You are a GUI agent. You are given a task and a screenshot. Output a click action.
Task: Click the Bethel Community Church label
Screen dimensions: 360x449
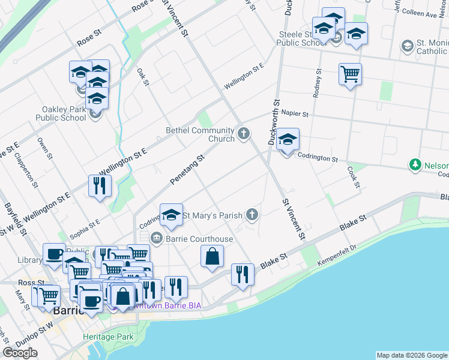[200, 134]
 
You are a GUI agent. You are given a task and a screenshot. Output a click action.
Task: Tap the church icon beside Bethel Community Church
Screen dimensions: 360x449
[243, 133]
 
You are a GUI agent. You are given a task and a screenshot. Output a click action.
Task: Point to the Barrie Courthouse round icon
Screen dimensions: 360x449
[157, 238]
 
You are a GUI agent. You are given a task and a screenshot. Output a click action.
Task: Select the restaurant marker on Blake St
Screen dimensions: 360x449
[243, 275]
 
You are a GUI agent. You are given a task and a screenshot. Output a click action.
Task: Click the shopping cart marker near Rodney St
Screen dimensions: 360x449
[350, 74]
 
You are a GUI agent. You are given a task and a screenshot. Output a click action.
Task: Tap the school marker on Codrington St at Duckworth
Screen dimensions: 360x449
[288, 140]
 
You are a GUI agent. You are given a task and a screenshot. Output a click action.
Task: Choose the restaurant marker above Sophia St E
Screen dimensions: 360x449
[100, 185]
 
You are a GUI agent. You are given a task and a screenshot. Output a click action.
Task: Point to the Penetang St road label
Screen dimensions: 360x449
[187, 169]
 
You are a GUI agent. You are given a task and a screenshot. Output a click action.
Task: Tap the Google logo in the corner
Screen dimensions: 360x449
[20, 353]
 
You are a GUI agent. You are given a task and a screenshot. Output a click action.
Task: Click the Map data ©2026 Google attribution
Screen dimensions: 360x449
[412, 355]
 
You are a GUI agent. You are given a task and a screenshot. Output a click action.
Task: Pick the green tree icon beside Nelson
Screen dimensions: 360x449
[414, 164]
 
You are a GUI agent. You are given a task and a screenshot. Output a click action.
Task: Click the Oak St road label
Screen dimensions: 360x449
[142, 77]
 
